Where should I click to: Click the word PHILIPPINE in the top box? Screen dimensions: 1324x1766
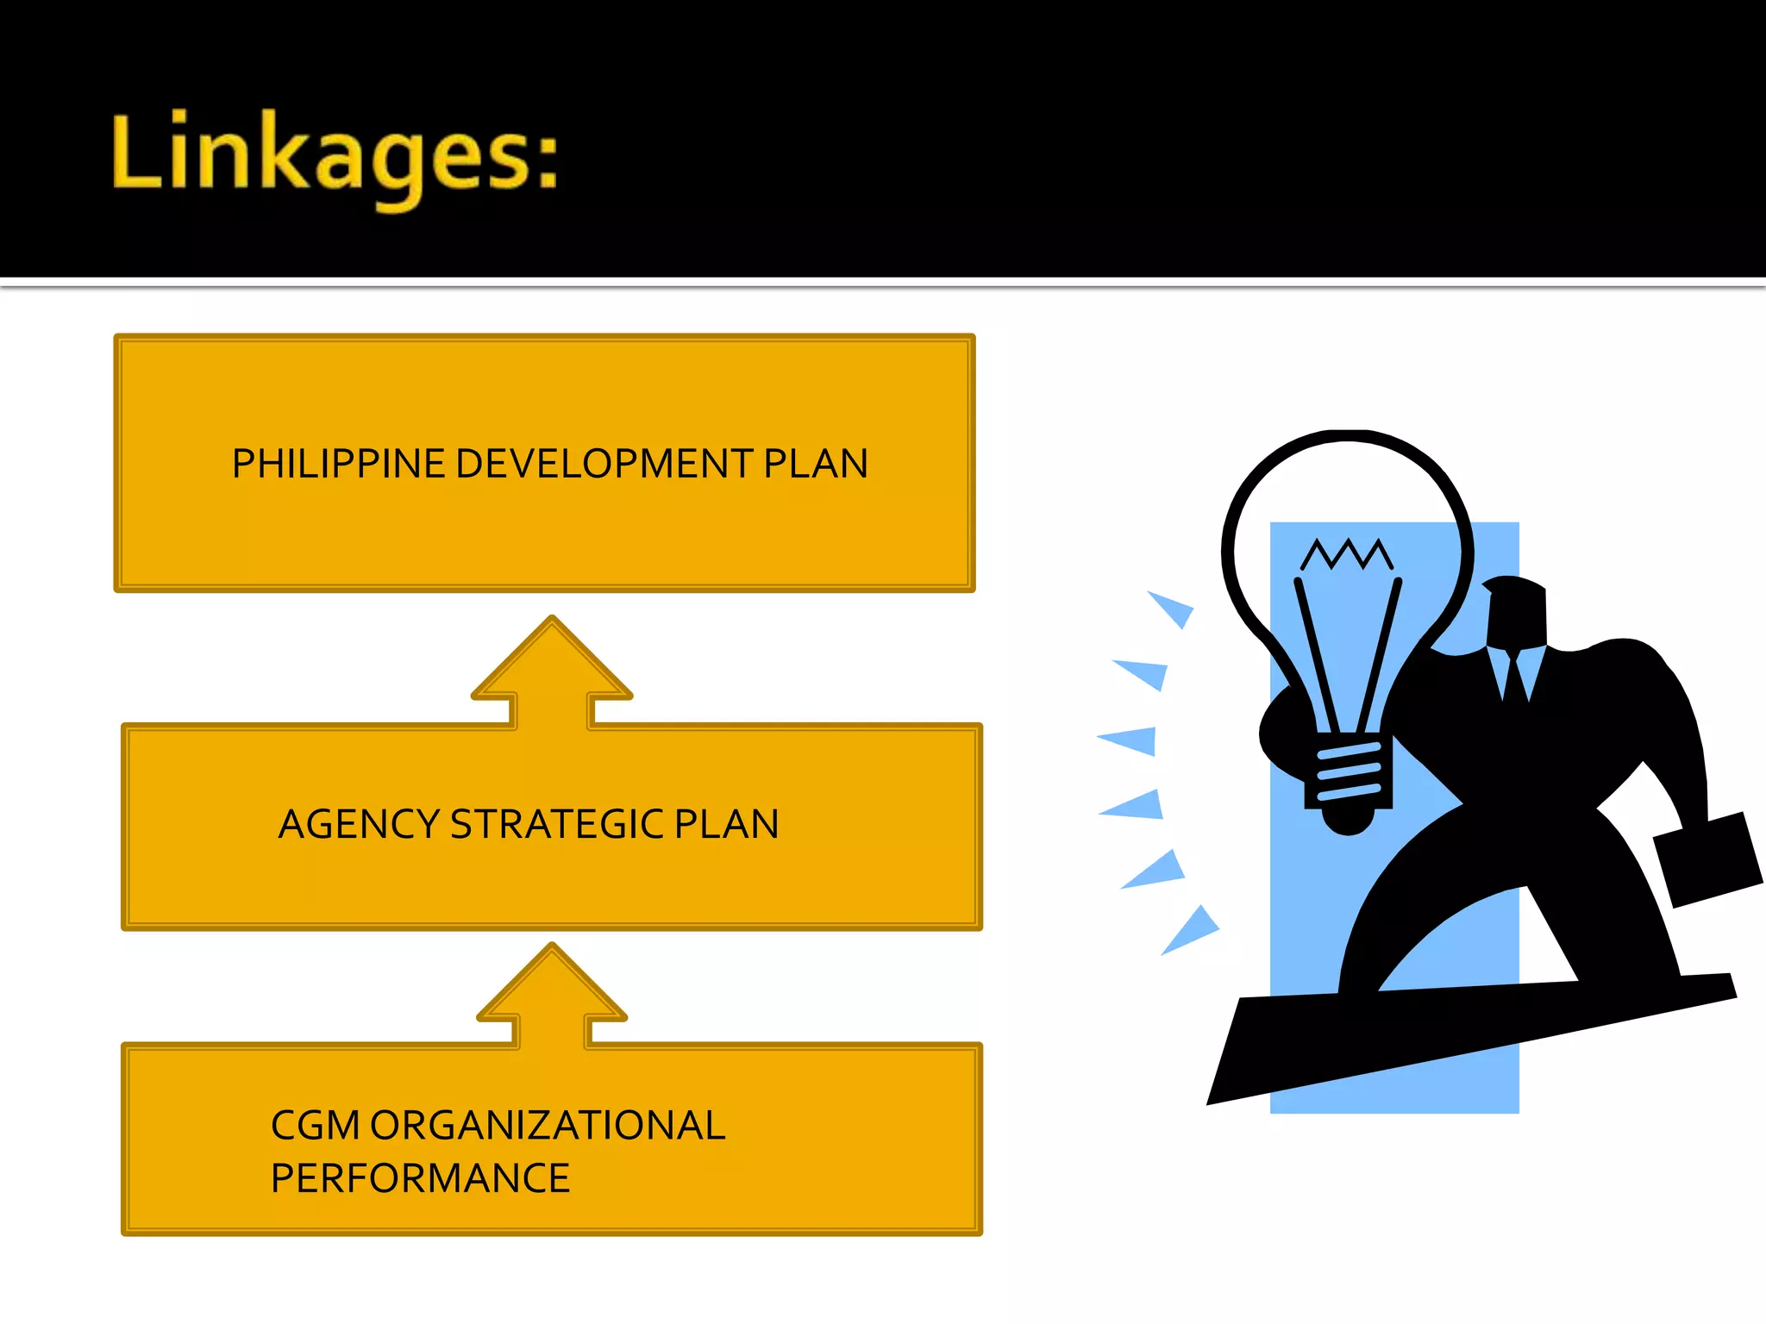pyautogui.click(x=338, y=465)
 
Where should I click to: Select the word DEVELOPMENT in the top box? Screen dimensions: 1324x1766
pyautogui.click(x=604, y=465)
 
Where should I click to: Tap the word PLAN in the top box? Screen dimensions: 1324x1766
pyautogui.click(x=816, y=465)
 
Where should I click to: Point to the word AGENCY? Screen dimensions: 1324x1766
pyautogui.click(x=358, y=825)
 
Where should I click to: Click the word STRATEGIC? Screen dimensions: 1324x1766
pyautogui.click(x=557, y=825)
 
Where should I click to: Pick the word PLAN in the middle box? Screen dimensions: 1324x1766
pyautogui.click(x=726, y=825)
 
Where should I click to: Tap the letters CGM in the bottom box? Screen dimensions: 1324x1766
pyautogui.click(x=315, y=1126)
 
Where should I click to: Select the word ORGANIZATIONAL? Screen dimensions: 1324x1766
pyautogui.click(x=548, y=1126)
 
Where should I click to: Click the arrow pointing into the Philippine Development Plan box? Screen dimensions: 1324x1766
pyautogui.click(x=552, y=672)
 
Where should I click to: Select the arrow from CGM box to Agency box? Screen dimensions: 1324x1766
pyautogui.click(x=552, y=996)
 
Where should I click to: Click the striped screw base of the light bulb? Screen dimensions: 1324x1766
pyautogui.click(x=1349, y=772)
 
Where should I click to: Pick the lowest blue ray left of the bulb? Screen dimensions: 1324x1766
pyautogui.click(x=1191, y=931)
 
